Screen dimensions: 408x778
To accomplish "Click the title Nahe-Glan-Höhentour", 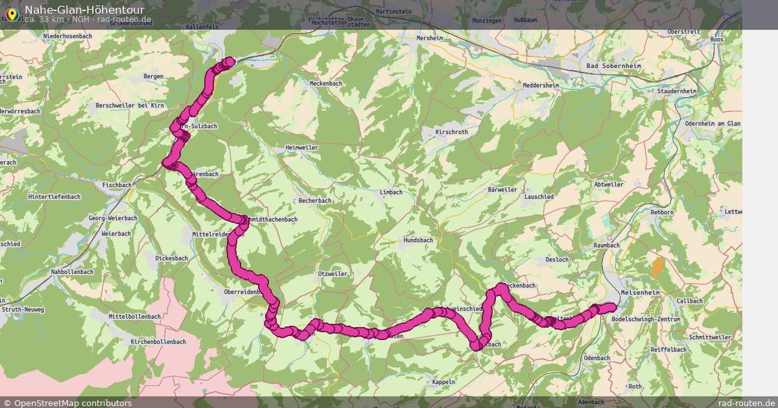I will pyautogui.click(x=84, y=10).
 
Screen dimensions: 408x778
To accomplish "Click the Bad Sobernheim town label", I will pyautogui.click(x=610, y=66).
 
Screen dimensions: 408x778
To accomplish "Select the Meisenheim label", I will pyautogui.click(x=639, y=292).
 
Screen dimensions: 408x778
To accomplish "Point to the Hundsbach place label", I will pyautogui.click(x=418, y=240).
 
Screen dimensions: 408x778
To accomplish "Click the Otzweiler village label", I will pyautogui.click(x=333, y=274).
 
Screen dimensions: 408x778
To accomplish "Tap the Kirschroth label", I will pyautogui.click(x=452, y=131).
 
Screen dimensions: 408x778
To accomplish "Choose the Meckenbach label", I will pyautogui.click(x=325, y=84).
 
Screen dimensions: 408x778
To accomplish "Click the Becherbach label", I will pyautogui.click(x=315, y=201).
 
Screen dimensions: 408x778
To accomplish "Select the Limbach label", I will pyautogui.click(x=392, y=192).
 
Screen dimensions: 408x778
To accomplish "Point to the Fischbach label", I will pyautogui.click(x=117, y=185).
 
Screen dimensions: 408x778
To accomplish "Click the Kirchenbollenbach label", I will pyautogui.click(x=158, y=341).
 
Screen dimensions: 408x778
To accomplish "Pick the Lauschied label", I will pyautogui.click(x=539, y=196).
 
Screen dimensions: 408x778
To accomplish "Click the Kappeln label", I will pyautogui.click(x=443, y=382).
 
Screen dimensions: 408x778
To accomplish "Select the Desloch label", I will pyautogui.click(x=557, y=260).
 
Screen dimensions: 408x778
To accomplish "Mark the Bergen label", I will pyautogui.click(x=153, y=76).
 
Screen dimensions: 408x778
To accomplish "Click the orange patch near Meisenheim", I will pyautogui.click(x=658, y=267).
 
